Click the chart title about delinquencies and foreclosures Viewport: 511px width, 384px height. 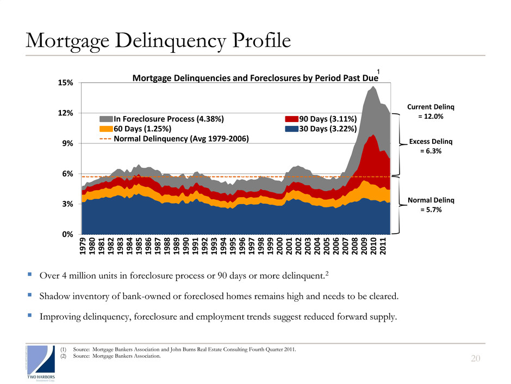[255, 79]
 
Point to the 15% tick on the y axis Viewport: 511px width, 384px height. [66, 83]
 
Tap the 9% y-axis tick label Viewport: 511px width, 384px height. [67, 143]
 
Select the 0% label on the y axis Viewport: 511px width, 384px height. [67, 234]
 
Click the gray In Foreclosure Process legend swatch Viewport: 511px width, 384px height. [105, 119]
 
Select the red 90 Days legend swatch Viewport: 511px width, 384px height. [294, 119]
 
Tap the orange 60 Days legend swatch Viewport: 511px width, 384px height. [105, 129]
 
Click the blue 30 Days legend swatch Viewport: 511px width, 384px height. [294, 129]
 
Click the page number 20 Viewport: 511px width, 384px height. [476, 358]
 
